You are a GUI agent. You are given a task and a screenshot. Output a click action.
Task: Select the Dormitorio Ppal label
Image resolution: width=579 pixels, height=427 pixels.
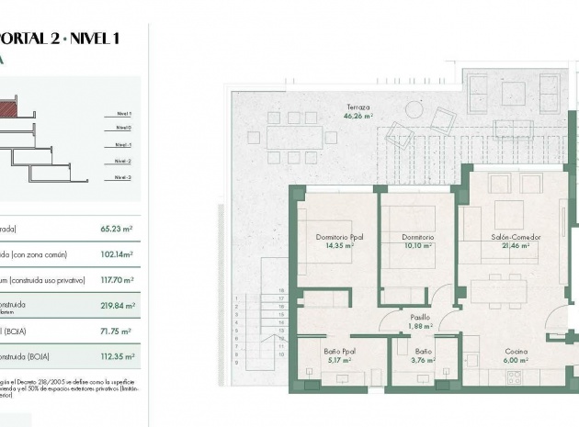pyautogui.click(x=339, y=237)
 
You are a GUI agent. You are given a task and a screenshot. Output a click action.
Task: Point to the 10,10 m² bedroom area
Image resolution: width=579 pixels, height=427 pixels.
pyautogui.click(x=418, y=246)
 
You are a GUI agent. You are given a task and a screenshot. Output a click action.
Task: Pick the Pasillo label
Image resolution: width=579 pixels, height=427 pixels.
pyautogui.click(x=421, y=317)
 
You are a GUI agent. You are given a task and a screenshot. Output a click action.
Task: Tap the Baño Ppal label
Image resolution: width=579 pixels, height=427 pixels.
pyautogui.click(x=339, y=352)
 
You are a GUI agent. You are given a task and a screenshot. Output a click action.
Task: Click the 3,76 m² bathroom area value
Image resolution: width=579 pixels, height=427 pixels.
pyautogui.click(x=423, y=361)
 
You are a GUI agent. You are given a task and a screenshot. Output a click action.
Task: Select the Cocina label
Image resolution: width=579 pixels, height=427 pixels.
pyautogui.click(x=516, y=352)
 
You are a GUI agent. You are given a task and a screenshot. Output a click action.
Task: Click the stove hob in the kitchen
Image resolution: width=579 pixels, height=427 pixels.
pyautogui.click(x=514, y=376)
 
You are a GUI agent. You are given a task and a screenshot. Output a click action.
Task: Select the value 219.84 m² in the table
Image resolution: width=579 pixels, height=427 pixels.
pyautogui.click(x=117, y=306)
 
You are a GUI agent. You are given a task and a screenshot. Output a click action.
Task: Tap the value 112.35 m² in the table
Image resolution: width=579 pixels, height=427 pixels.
pyautogui.click(x=117, y=356)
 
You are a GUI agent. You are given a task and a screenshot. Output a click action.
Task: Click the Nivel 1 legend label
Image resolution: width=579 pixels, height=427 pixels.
pyautogui.click(x=123, y=113)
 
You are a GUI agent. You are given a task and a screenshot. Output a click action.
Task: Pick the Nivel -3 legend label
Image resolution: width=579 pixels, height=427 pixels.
pyautogui.click(x=123, y=176)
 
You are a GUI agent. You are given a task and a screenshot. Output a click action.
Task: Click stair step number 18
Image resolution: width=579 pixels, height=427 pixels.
pyautogui.click(x=282, y=290)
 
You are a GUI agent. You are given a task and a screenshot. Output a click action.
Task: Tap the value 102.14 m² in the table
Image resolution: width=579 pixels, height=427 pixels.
pyautogui.click(x=117, y=254)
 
